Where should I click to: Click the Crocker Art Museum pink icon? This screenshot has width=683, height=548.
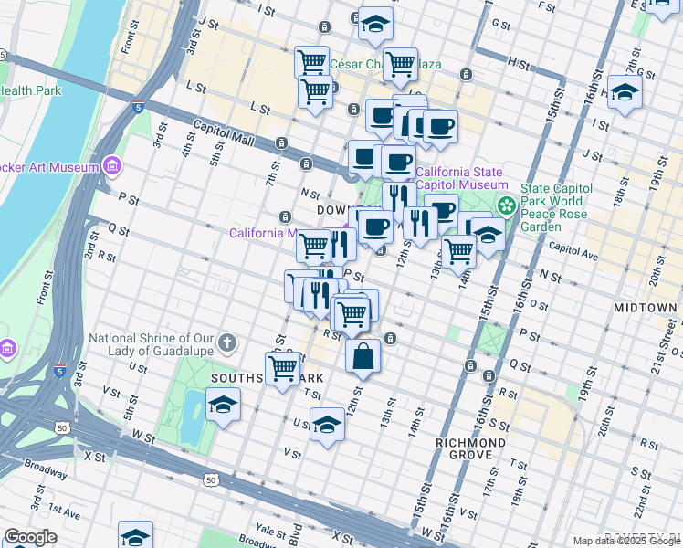pos(112,166)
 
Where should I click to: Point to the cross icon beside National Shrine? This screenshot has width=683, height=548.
pos(227,344)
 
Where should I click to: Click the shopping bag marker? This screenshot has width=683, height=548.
pos(363,357)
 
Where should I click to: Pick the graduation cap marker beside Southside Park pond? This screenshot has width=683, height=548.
pos(223,405)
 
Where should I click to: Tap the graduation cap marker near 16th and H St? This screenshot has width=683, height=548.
pos(625,92)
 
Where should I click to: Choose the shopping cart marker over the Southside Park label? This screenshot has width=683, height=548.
pos(283,368)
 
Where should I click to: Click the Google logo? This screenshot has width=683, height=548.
pos(30,538)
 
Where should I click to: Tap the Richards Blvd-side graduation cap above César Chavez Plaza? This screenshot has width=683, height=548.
pos(374,25)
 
